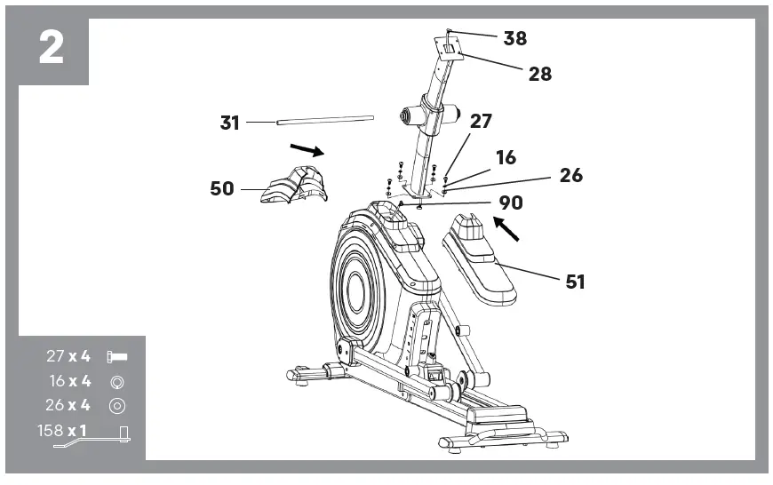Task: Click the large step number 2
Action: pos(52,48)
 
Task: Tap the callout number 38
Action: pos(515,38)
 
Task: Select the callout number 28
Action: pos(540,74)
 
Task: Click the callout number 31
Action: pos(230,123)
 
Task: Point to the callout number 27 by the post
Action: pos(481,122)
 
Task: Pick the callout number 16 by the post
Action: pos(506,158)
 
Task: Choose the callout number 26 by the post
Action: pos(571,175)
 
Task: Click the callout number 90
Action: pos(511,203)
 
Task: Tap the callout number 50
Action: pos(222,188)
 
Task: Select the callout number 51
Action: pos(576,282)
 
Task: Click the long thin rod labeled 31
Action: pos(323,117)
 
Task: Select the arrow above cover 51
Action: pos(506,230)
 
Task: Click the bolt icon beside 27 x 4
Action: pos(116,357)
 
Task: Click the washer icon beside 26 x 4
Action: pos(116,406)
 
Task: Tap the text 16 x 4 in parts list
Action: pos(70,381)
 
